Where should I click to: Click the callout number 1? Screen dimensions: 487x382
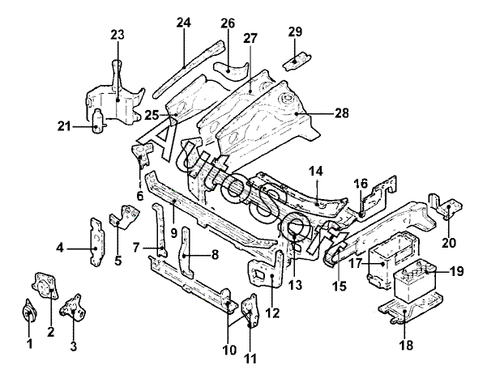coord(29,343)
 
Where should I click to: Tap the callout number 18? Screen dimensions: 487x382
coord(407,345)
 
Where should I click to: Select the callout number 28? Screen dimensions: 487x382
coord(342,113)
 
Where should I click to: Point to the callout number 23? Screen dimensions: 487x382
coord(117,35)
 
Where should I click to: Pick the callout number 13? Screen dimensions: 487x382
coord(295,285)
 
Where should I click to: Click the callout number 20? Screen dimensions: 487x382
coord(449,243)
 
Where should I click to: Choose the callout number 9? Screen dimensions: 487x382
coord(173,232)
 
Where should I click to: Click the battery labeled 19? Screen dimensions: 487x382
coord(415,281)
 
